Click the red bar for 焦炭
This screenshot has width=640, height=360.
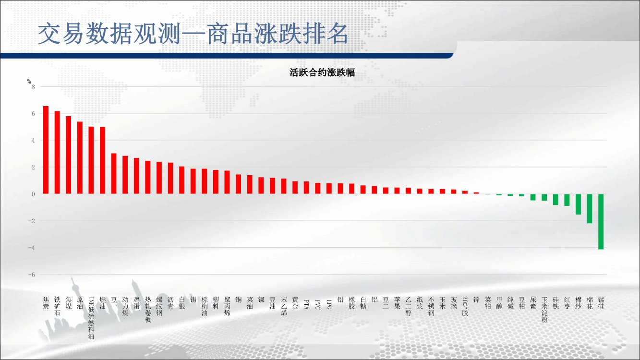pos(46,150)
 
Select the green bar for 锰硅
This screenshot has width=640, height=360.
pos(601,222)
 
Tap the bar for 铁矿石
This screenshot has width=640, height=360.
pos(57,153)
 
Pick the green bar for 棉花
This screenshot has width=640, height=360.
pos(590,209)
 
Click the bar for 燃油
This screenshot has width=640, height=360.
pos(103,161)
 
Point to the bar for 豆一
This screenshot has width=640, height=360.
pos(114,174)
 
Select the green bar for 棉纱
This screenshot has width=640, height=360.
pos(578,204)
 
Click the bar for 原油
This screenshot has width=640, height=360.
pos(80,158)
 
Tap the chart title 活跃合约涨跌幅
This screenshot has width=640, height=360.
pos(322,72)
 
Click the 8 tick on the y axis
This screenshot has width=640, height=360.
pos(33,87)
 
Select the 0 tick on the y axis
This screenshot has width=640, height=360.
pos(33,194)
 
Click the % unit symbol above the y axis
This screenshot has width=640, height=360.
pos(29,82)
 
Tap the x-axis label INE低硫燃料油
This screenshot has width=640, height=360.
pos(91,318)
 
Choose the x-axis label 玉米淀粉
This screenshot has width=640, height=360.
pos(544,310)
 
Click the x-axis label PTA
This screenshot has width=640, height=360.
pos(306,304)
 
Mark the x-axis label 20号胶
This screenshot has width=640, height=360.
pos(465,306)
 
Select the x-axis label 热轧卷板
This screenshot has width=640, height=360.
pos(148,310)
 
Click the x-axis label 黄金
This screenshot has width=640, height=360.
pos(295,303)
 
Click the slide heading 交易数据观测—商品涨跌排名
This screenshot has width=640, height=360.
pos(193,34)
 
